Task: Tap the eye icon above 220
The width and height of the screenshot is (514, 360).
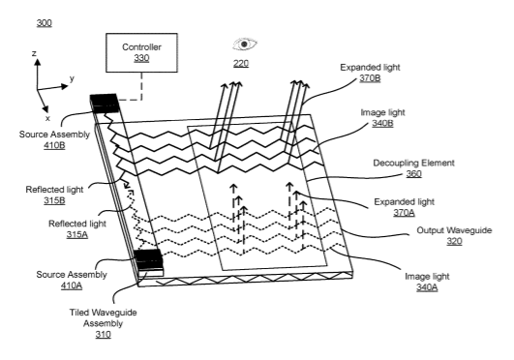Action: point(245,45)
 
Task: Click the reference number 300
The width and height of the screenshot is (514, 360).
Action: point(44,23)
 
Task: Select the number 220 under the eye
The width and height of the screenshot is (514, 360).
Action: point(241,63)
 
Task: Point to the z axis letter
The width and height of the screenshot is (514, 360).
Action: point(34,53)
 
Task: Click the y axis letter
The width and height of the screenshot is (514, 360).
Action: point(72,78)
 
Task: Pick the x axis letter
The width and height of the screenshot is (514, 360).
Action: point(47,118)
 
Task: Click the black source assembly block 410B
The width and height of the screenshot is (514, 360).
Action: point(104,104)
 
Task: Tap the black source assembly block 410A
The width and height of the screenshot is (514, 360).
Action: point(148,259)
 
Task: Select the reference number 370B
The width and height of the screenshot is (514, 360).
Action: point(370,78)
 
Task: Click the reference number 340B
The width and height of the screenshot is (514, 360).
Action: point(382,123)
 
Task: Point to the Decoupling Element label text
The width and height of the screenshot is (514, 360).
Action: point(413,163)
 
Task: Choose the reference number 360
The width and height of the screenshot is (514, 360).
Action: point(413,174)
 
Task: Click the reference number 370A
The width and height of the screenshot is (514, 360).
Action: point(404,213)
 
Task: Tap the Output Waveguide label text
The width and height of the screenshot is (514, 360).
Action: point(454,230)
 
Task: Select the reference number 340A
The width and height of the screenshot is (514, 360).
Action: point(427,287)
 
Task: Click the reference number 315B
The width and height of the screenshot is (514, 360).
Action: point(54,200)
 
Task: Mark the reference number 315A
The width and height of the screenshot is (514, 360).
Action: point(77,235)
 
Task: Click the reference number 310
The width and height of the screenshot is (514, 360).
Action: point(103,335)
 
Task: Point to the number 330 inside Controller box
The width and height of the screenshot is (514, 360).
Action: point(141,58)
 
